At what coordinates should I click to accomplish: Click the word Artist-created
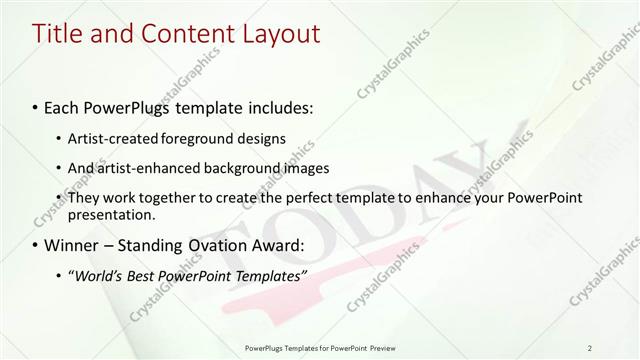pos(112,137)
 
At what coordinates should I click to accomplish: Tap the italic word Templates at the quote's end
pos(266,276)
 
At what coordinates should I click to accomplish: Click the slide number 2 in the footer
pos(590,348)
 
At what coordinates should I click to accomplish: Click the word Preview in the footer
pos(381,348)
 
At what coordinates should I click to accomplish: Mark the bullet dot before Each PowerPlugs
pos(36,106)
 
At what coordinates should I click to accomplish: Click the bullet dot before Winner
pos(36,245)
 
